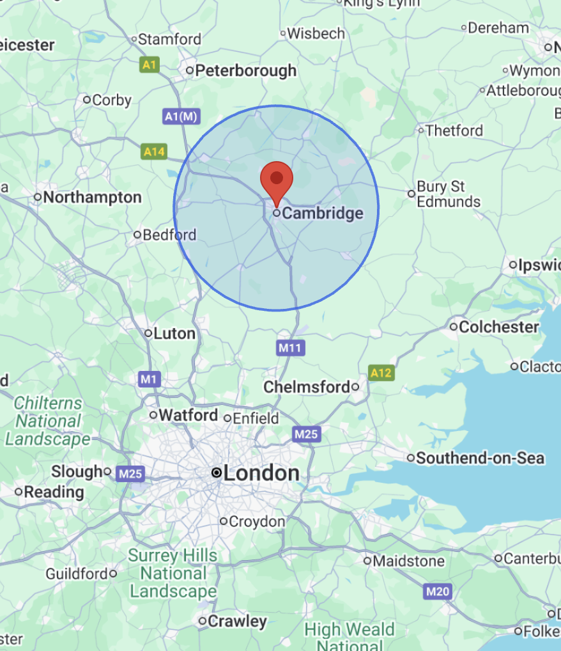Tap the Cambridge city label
pos(322,214)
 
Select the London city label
pos(261,473)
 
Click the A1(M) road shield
pos(182,116)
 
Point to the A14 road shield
pos(154,152)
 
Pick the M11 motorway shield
pos(291,348)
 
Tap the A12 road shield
pos(381,373)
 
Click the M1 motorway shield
pos(149,380)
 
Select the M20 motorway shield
pos(438,592)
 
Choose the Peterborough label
pos(245,70)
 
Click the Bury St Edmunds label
pos(448,194)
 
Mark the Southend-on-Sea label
pos(480,458)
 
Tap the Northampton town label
pos(92,197)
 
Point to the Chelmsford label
pos(307,387)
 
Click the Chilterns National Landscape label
pos(48,421)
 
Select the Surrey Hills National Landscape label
pos(173,573)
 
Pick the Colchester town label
pos(499,327)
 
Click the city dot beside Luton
pos(148,333)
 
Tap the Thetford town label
pos(454,130)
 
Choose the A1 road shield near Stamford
pos(150,65)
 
